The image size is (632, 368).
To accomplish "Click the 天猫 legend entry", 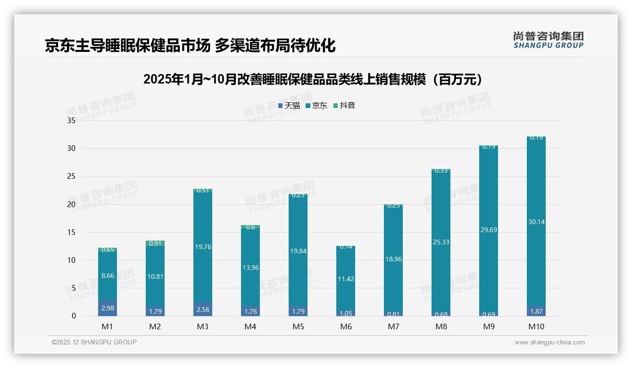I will coord(289,106).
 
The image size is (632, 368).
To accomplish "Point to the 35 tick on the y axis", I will coord(71,121).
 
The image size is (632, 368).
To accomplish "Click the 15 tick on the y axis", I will coord(71,232).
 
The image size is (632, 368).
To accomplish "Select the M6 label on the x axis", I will coord(346,326).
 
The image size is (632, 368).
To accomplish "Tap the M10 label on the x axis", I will coord(536,326).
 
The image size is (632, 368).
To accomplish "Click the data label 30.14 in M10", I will coord(536,222).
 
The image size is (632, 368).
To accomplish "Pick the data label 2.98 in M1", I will coord(108,308).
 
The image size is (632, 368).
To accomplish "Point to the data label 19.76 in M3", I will coord(203,247).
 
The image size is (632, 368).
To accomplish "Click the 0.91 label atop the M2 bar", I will coord(155,243).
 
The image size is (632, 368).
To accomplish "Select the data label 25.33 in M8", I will coord(441,242).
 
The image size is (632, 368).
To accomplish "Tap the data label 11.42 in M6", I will coord(346,279).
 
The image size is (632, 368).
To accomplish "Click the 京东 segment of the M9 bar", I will coord(489,198).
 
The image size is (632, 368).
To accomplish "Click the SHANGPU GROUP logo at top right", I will coord(548,40).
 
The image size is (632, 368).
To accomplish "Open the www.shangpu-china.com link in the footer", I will coord(549,343).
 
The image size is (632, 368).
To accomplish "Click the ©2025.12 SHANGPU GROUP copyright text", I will coord(94,342).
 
